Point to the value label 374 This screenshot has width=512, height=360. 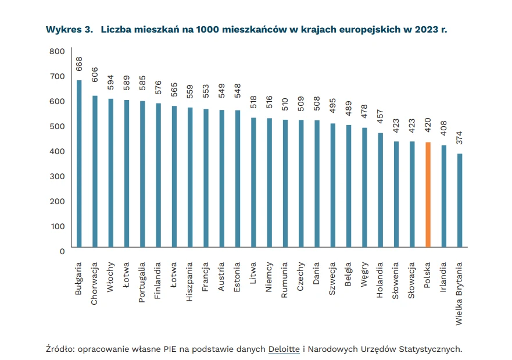pyautogui.click(x=459, y=138)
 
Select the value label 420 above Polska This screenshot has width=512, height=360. pyautogui.click(x=428, y=127)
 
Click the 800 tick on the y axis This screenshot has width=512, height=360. pyautogui.click(x=56, y=51)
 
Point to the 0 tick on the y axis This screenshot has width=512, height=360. pyautogui.click(x=61, y=251)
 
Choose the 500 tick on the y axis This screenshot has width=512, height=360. pyautogui.click(x=56, y=126)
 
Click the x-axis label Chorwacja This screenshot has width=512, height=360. pyautogui.click(x=95, y=280)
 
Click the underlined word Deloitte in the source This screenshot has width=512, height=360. pyautogui.click(x=284, y=349)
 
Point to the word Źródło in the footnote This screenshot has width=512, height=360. pyautogui.click(x=60, y=349)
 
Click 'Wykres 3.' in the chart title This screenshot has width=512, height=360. pyautogui.click(x=69, y=30)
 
